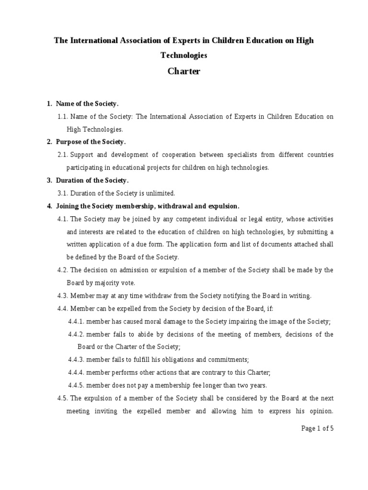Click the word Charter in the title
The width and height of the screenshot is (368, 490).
[184, 72]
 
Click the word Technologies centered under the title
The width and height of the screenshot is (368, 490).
[184, 56]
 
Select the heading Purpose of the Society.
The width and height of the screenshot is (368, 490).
[91, 142]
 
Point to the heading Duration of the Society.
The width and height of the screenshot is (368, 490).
[92, 180]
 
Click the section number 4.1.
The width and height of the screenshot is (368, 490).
[63, 219]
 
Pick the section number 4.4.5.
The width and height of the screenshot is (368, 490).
[76, 385]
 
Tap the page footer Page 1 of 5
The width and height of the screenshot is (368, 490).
[317, 428]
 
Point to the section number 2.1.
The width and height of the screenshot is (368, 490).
[63, 155]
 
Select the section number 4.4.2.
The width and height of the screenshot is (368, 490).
[76, 334]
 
